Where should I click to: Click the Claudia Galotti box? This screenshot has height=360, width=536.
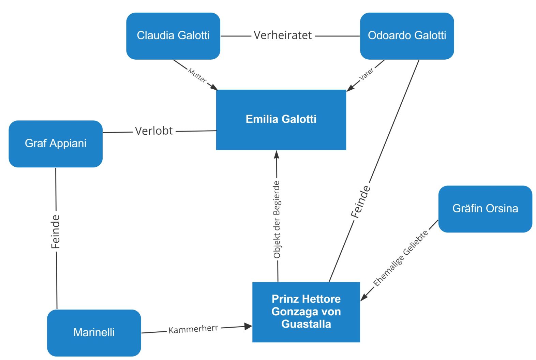pyautogui.click(x=173, y=36)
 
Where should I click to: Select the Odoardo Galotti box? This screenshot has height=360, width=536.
pyautogui.click(x=407, y=36)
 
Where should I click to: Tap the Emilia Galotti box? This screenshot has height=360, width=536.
pyautogui.click(x=281, y=119)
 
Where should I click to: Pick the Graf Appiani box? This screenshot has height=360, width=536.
pyautogui.click(x=56, y=144)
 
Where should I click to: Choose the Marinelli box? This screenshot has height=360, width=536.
pyautogui.click(x=94, y=332)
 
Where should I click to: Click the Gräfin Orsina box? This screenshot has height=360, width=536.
pyautogui.click(x=485, y=209)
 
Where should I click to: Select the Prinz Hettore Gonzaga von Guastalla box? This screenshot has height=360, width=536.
pyautogui.click(x=306, y=312)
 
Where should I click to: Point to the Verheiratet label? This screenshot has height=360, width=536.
pyautogui.click(x=283, y=35)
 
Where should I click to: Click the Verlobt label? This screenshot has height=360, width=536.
pyautogui.click(x=154, y=131)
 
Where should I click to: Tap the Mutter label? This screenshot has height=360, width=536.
pyautogui.click(x=197, y=75)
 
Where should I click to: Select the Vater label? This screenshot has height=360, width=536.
pyautogui.click(x=367, y=74)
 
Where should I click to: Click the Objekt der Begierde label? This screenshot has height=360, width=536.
pyautogui.click(x=277, y=220)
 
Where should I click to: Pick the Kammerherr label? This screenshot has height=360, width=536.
pyautogui.click(x=193, y=329)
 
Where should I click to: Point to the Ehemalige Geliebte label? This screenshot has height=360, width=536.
pyautogui.click(x=401, y=258)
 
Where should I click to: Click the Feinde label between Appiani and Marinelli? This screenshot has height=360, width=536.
pyautogui.click(x=56, y=231)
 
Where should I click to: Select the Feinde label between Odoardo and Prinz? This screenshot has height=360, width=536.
pyautogui.click(x=361, y=202)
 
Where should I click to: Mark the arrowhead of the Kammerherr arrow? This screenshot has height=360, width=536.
pyautogui.click(x=249, y=327)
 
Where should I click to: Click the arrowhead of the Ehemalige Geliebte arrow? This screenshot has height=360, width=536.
pyautogui.click(x=363, y=297)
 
